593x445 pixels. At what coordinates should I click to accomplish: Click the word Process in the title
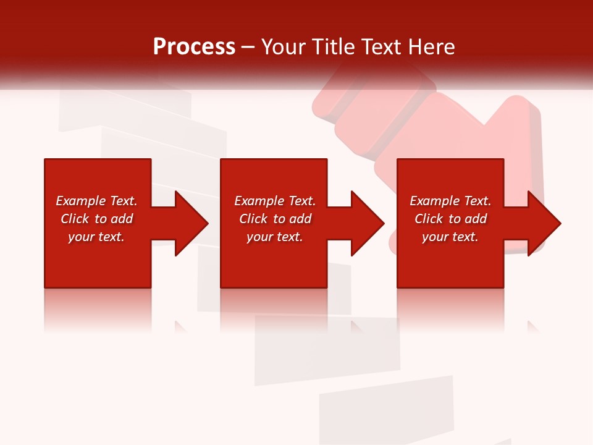tap(194, 47)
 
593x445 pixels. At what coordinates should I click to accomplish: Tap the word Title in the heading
tap(334, 47)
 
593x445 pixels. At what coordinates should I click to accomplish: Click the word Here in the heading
tap(432, 47)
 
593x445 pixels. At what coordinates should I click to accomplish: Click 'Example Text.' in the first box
tap(96, 201)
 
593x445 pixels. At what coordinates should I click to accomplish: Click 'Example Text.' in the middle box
tap(275, 201)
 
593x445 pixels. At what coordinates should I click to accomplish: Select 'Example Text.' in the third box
tap(450, 201)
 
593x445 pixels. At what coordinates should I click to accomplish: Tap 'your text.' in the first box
tap(96, 237)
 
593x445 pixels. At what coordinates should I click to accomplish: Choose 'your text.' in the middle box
tap(275, 237)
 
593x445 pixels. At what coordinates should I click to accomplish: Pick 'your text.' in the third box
tap(450, 237)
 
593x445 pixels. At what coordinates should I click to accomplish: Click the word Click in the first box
tap(74, 219)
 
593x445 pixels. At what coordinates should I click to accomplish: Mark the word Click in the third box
tap(429, 219)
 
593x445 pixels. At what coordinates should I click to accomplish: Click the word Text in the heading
tap(380, 47)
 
